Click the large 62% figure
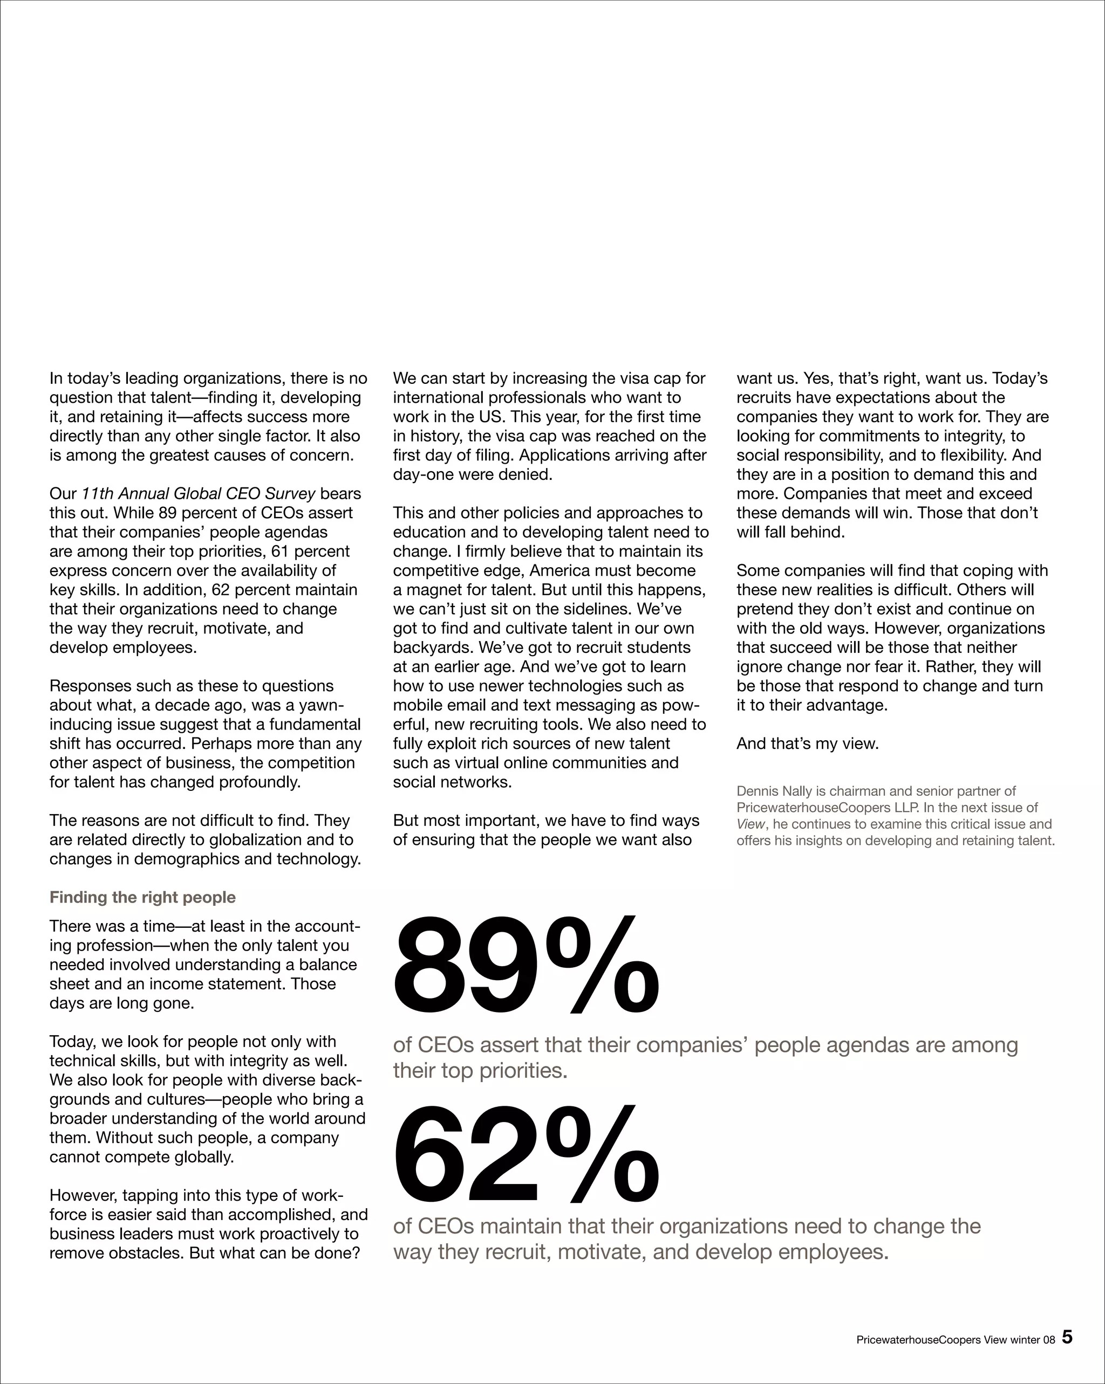(525, 1154)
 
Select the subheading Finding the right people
(142, 898)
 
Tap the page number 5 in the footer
(1067, 1338)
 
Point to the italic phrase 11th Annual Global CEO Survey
(199, 494)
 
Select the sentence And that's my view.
(807, 744)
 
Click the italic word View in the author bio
(751, 824)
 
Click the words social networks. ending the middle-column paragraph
(452, 782)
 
